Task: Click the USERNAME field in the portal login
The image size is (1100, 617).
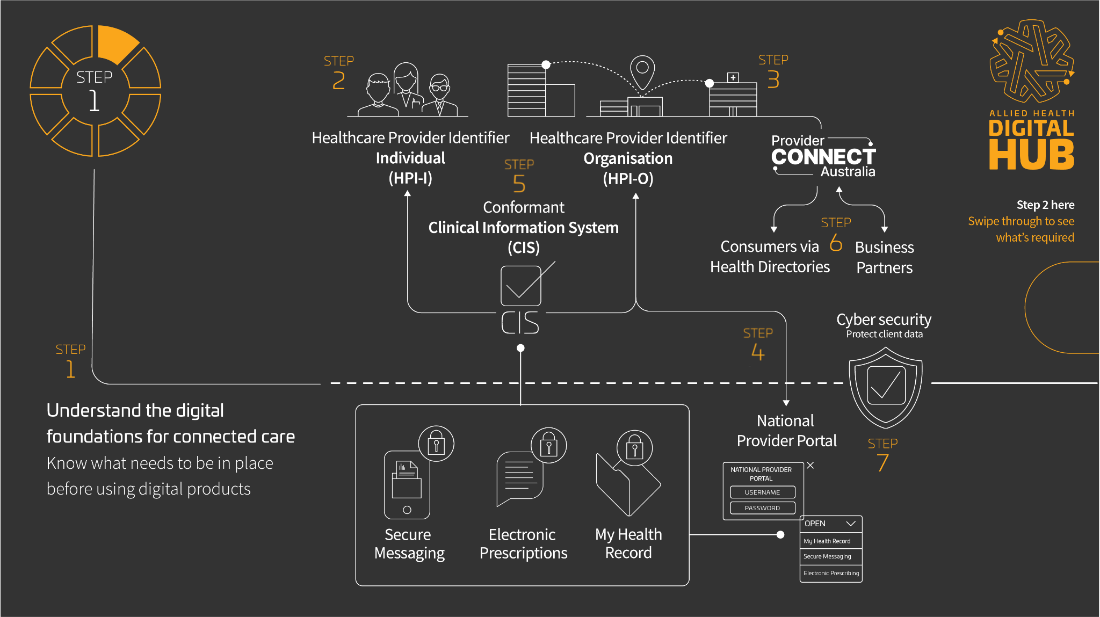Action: tap(762, 492)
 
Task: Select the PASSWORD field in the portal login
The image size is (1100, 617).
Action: tap(762, 508)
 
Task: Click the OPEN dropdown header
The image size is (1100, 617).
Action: tap(830, 524)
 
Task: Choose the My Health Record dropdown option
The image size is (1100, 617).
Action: tap(830, 541)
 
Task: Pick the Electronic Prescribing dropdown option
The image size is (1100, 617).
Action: tap(831, 574)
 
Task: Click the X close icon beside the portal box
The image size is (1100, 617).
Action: tap(810, 466)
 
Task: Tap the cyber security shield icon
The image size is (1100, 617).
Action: tap(885, 387)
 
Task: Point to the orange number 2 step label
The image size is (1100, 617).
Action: tap(338, 81)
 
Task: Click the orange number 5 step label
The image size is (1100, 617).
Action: tap(519, 184)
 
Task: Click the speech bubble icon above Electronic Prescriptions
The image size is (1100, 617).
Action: tap(520, 478)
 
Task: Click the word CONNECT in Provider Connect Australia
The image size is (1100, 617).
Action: tap(823, 157)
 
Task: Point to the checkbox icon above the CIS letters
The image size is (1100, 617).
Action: tap(520, 286)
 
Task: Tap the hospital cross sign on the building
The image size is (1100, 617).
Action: tap(733, 77)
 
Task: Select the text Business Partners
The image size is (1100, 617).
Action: tap(884, 257)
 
